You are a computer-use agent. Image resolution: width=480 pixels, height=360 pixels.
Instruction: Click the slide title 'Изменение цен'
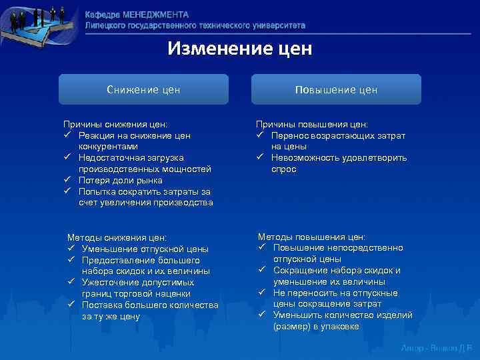[239, 49]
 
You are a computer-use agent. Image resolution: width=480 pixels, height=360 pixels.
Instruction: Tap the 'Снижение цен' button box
[143, 89]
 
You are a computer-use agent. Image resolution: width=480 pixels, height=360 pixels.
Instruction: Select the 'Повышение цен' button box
[336, 89]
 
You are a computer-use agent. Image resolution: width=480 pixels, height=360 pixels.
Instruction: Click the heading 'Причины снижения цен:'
[115, 124]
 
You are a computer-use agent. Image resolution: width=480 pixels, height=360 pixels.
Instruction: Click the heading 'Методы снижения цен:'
[117, 237]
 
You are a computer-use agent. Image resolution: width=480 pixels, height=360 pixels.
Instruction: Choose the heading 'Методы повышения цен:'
[311, 237]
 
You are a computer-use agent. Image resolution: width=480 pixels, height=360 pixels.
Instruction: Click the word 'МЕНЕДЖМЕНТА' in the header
[156, 15]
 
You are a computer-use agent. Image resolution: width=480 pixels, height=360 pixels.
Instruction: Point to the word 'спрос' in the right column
[283, 169]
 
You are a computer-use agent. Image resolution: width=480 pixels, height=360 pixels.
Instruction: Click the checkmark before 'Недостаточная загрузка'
[68, 158]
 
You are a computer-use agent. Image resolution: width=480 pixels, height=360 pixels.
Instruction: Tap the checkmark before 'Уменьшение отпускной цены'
[71, 249]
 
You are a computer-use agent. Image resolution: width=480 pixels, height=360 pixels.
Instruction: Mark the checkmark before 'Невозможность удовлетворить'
[261, 158]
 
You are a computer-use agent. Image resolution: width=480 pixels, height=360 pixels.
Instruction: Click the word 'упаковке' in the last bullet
[341, 327]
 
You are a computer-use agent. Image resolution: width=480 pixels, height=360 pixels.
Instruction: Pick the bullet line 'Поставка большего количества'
[150, 305]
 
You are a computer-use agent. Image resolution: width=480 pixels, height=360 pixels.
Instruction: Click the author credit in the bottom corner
[437, 348]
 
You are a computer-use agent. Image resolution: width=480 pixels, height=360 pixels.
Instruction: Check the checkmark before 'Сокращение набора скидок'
[263, 271]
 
